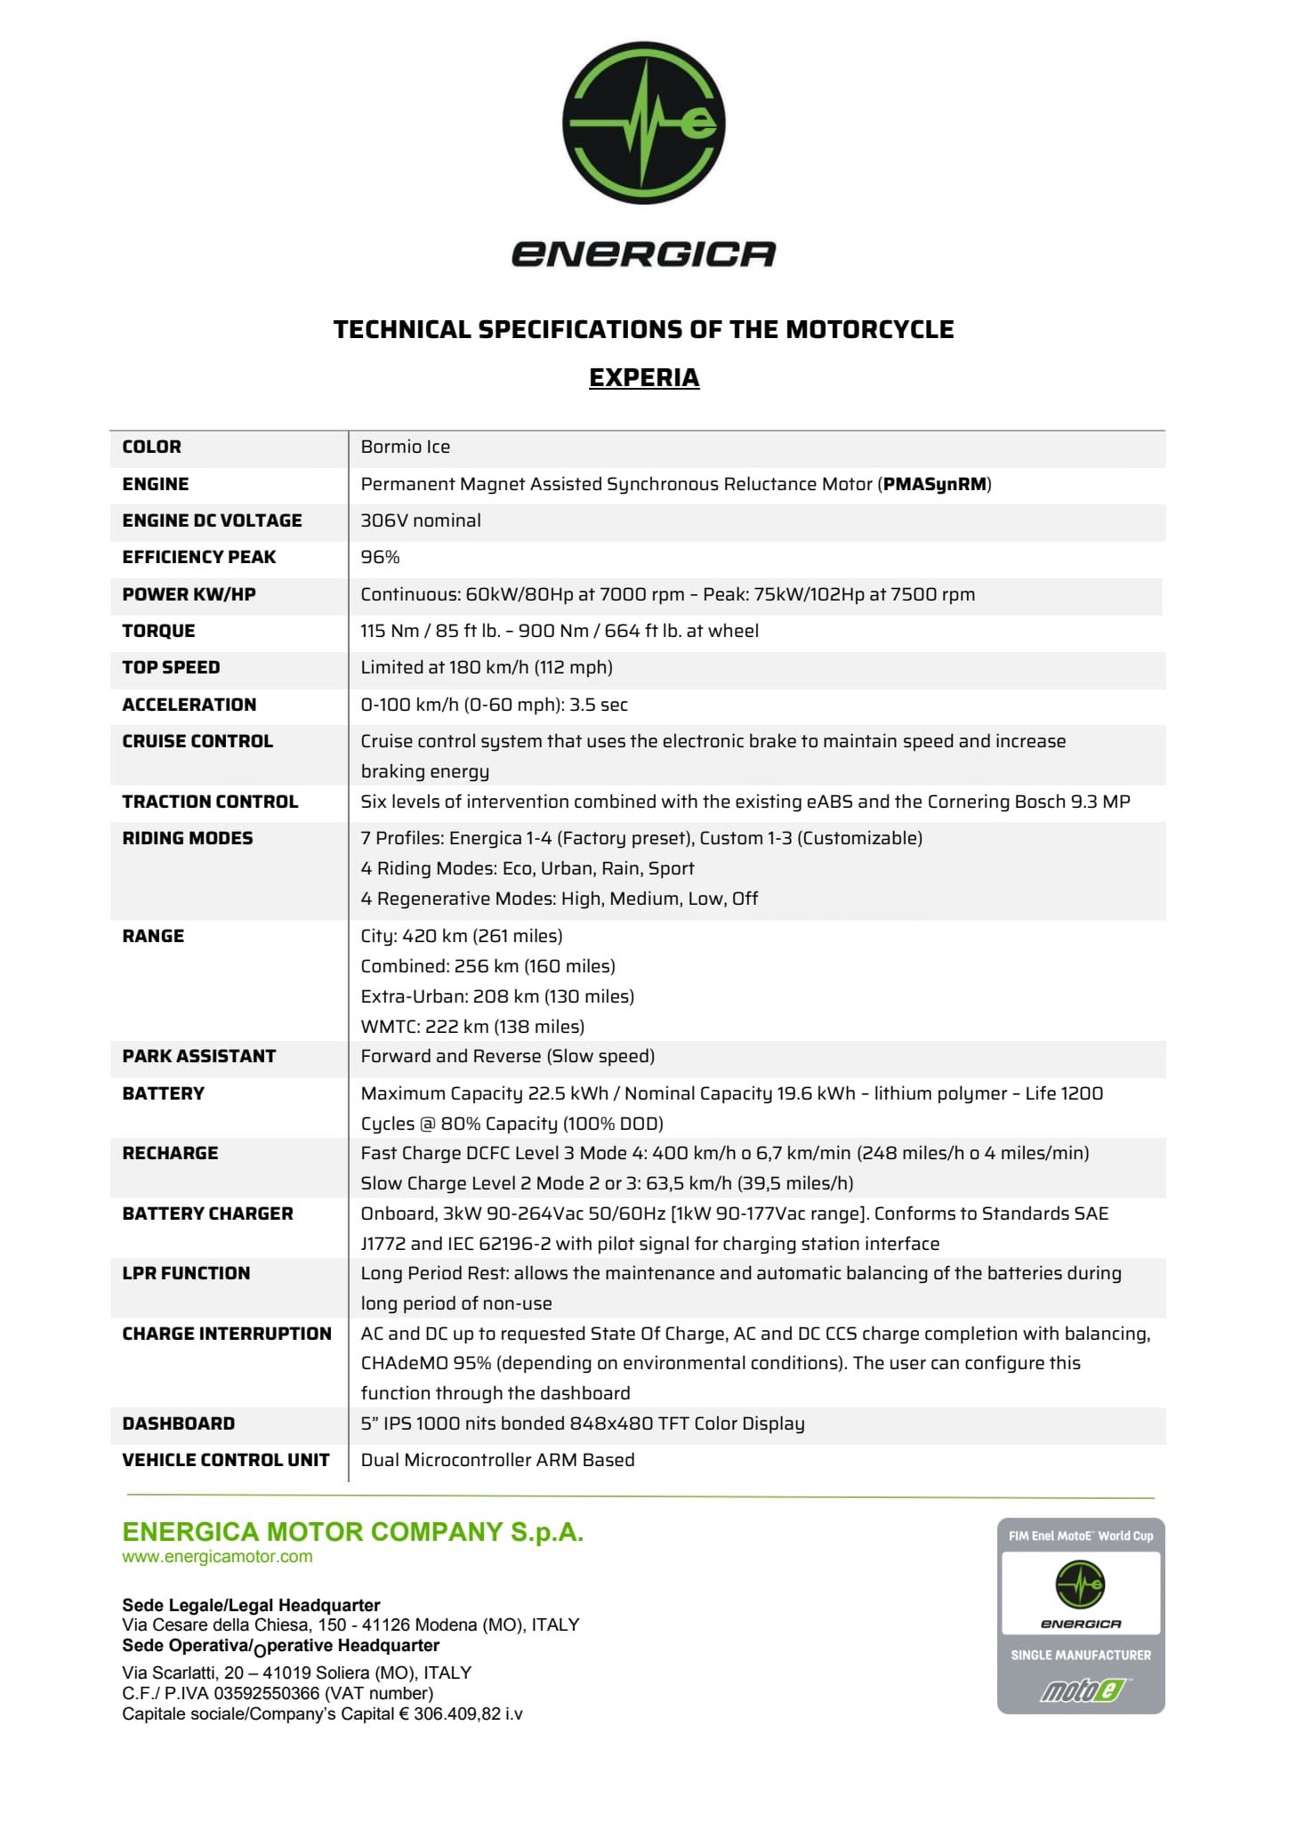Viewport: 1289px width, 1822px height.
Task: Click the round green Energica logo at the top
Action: pos(643,122)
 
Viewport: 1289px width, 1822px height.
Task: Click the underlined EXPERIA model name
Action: pos(644,377)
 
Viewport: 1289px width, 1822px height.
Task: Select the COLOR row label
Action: pos(151,447)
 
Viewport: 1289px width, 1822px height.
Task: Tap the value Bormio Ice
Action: pos(405,447)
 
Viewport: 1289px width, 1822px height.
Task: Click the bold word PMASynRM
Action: pos(935,484)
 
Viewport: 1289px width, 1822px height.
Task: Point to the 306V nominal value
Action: pos(420,520)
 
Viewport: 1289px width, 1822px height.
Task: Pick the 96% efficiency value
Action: pos(380,557)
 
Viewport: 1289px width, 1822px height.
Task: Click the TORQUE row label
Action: pos(158,631)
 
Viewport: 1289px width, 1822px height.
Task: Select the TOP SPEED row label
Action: pos(171,667)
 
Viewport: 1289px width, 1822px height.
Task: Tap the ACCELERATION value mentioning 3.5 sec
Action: pos(494,705)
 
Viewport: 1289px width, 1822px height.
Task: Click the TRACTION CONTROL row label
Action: pos(210,802)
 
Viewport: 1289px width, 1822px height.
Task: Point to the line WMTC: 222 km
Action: pos(472,1027)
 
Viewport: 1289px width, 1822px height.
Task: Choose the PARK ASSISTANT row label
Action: pos(198,1056)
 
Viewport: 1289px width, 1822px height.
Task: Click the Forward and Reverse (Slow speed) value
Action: pos(507,1056)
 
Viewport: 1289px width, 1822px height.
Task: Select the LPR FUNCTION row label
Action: pos(186,1273)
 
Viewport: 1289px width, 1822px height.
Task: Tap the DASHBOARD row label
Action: pos(178,1423)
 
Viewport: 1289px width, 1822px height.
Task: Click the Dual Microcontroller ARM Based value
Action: pos(497,1460)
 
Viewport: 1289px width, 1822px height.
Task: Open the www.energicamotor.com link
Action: pos(217,1556)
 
